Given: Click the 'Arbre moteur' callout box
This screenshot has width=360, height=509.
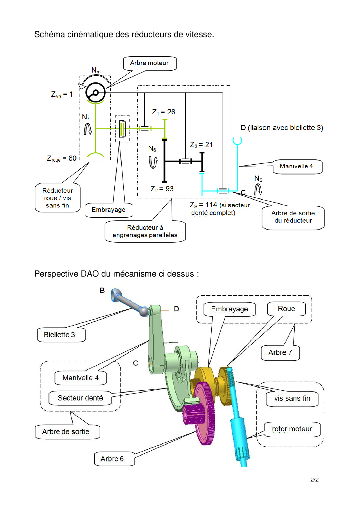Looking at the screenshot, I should tap(150, 63).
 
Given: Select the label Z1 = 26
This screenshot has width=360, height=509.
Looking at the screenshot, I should tap(163, 112).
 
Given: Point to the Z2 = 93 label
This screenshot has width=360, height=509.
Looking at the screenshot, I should tap(162, 189).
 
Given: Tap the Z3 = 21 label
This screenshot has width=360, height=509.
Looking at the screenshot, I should tap(201, 145).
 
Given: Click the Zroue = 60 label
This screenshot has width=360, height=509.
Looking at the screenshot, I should tap(62, 158).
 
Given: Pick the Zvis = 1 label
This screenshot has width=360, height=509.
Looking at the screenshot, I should tap(62, 94).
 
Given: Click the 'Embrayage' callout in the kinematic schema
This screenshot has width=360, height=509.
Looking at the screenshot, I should tap(109, 210).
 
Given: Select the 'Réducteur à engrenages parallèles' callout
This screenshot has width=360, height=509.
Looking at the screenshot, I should tap(145, 231).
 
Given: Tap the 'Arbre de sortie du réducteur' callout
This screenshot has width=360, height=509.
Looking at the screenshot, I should tap(293, 217).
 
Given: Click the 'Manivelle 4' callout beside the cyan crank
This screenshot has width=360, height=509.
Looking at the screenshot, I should tap(296, 166).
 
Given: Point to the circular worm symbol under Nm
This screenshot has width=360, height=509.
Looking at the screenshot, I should tap(96, 93).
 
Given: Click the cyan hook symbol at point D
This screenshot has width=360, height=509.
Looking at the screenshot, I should tap(237, 141).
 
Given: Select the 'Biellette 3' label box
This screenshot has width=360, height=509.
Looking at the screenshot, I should tap(60, 335).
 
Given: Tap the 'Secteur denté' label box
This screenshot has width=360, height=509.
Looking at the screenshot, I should tap(80, 398).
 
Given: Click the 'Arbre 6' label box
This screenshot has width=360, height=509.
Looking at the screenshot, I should tap(112, 459).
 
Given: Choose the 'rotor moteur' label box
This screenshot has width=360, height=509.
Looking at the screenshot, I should tap(292, 429).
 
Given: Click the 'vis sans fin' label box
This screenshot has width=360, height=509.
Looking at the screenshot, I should tap(292, 398).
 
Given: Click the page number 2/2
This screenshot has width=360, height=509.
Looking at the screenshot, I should tap(314, 480).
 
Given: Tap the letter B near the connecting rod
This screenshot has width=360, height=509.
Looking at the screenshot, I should tap(102, 290).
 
